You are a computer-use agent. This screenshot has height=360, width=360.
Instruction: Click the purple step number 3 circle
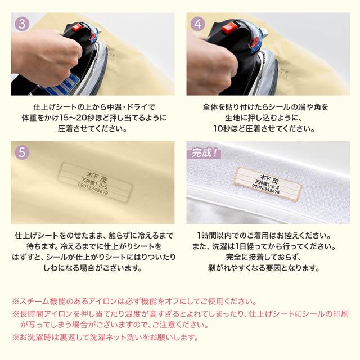pyautogui.click(x=22, y=24)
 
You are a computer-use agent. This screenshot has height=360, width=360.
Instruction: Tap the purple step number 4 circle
pyautogui.click(x=198, y=24)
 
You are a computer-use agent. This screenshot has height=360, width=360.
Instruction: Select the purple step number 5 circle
pyautogui.click(x=22, y=152)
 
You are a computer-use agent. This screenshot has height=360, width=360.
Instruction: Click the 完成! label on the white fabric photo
pyautogui.click(x=204, y=153)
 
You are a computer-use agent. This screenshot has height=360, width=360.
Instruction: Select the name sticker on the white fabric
pyautogui.click(x=268, y=184)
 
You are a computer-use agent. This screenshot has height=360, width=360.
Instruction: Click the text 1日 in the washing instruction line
pyautogui.click(x=241, y=246)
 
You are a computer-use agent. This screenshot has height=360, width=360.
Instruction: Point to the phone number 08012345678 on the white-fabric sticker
pyautogui.click(x=265, y=189)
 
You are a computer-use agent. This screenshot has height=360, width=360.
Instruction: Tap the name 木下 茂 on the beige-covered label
pyautogui.click(x=96, y=177)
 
